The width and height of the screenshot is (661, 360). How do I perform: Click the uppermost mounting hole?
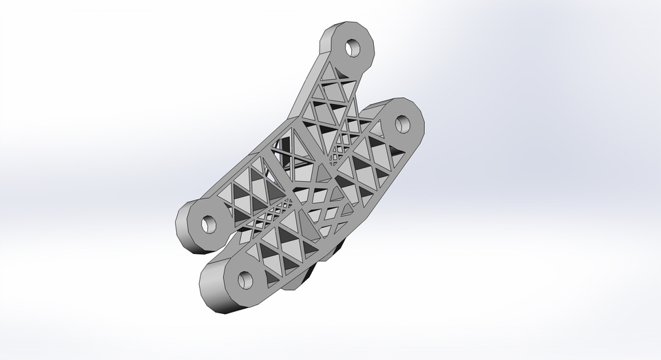(x=353, y=48)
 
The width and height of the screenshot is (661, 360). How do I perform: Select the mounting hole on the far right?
(x=401, y=124)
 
